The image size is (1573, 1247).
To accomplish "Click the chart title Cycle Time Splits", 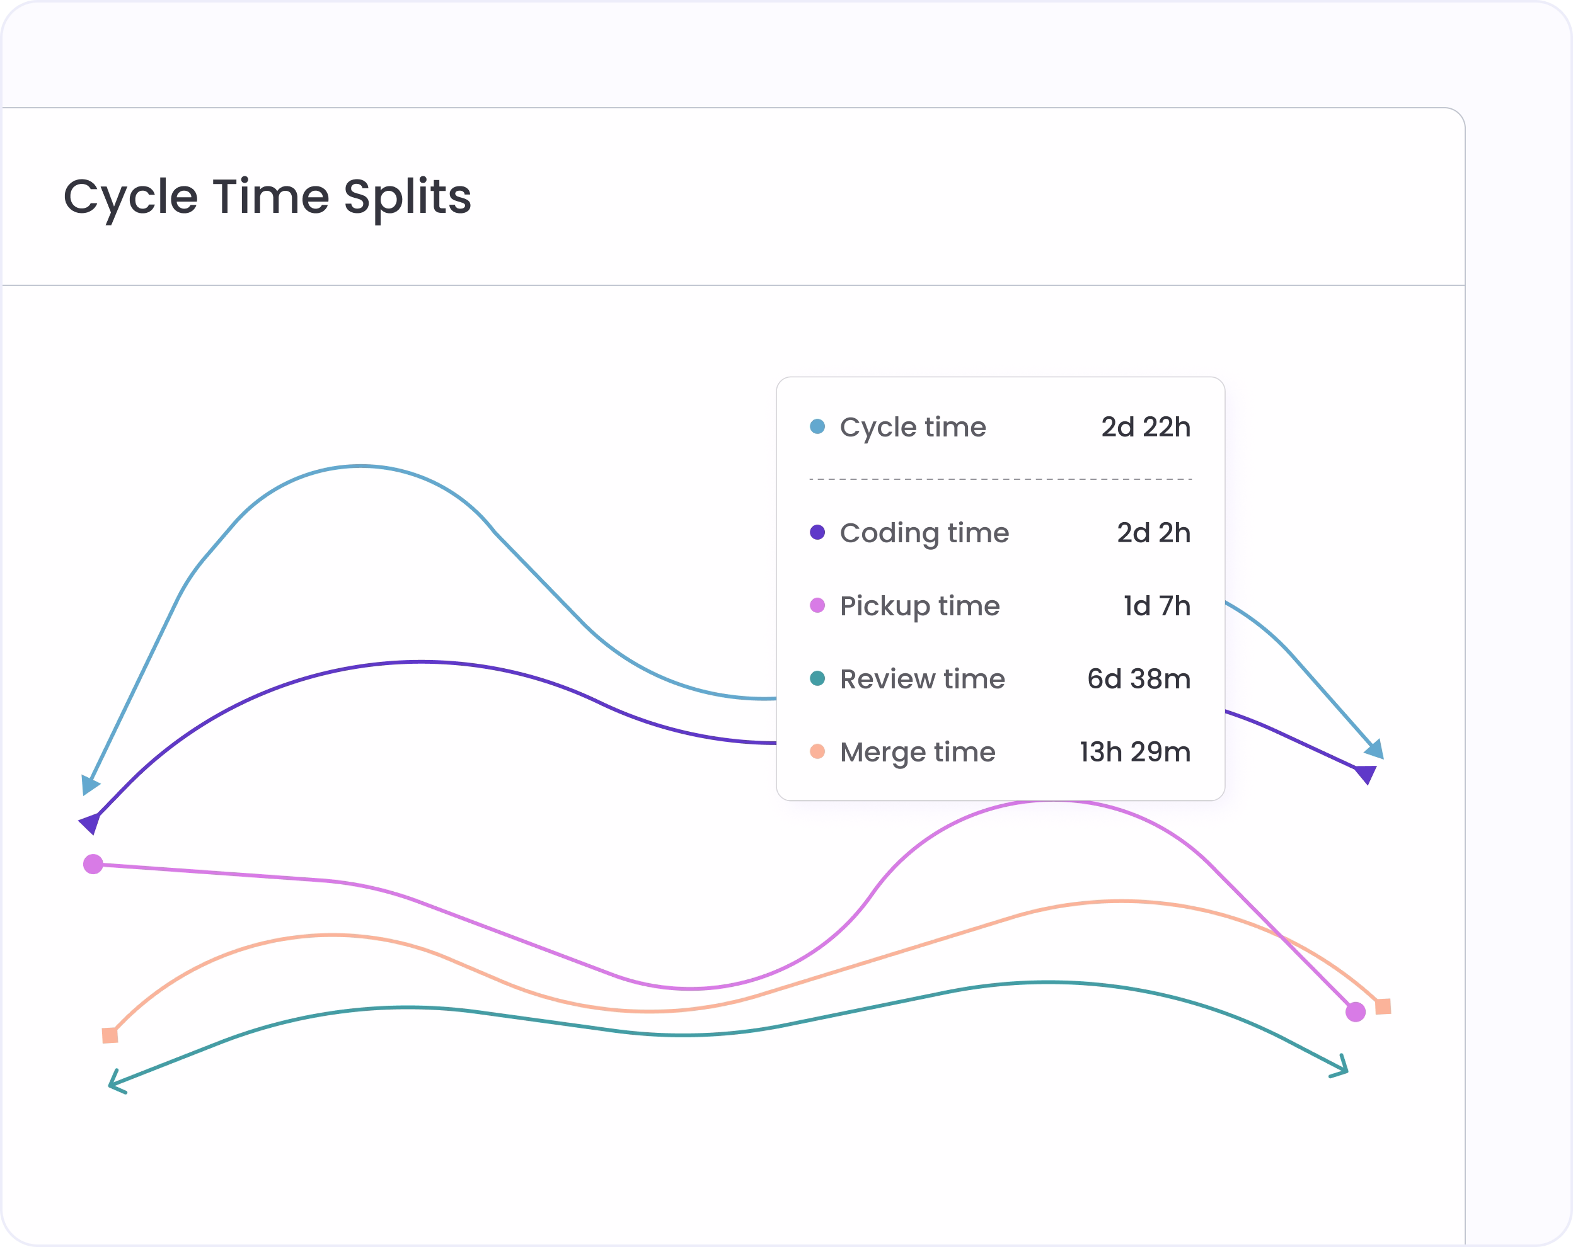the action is pyautogui.click(x=267, y=198).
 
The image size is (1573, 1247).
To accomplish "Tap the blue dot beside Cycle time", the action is pyautogui.click(x=817, y=426).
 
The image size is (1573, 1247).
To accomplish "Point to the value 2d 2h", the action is pyautogui.click(x=1153, y=533).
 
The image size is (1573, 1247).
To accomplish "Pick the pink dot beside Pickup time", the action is pyautogui.click(x=817, y=605).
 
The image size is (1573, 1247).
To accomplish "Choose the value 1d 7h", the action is pyautogui.click(x=1157, y=606).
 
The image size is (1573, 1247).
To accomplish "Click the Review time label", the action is pyautogui.click(x=922, y=679).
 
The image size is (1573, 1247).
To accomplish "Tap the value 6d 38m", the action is pyautogui.click(x=1139, y=679).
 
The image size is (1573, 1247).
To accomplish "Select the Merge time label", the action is pyautogui.click(x=918, y=753).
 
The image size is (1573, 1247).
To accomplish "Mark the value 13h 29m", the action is pyautogui.click(x=1135, y=752).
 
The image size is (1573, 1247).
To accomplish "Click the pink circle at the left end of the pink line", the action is pyautogui.click(x=93, y=864).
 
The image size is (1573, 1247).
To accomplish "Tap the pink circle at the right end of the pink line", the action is pyautogui.click(x=1356, y=1012).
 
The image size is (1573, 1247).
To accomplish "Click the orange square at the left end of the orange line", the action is pyautogui.click(x=110, y=1035).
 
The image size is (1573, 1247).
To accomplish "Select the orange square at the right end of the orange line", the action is pyautogui.click(x=1383, y=1007).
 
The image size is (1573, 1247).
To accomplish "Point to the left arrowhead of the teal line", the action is pyautogui.click(x=116, y=1083).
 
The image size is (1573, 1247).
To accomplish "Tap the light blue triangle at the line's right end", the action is pyautogui.click(x=1375, y=749).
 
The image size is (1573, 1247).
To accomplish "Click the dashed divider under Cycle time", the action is pyautogui.click(x=1000, y=479).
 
